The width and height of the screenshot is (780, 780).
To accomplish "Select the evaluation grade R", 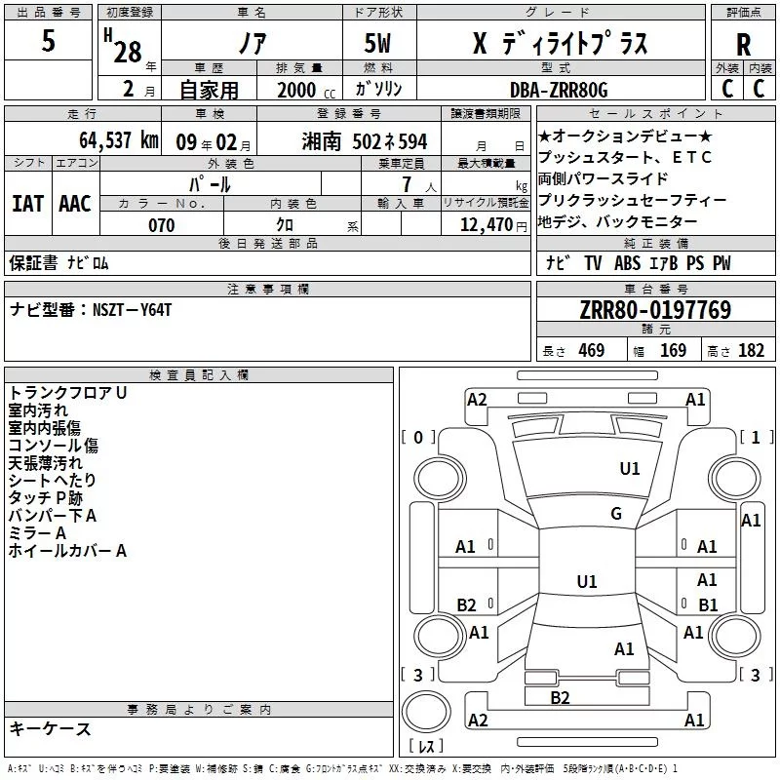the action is coord(743,44).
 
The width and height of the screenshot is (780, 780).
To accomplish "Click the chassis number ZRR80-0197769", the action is coord(655,311).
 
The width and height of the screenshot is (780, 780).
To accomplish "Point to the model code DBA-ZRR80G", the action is coord(558,90).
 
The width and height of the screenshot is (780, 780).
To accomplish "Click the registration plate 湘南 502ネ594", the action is coord(362,140).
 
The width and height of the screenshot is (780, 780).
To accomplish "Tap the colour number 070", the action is coord(161,225).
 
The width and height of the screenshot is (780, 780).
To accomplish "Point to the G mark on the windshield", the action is coord(616,514).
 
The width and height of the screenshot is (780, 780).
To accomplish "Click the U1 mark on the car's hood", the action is coord(630,468).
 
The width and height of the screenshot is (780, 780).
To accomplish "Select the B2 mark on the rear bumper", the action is coord(560,697).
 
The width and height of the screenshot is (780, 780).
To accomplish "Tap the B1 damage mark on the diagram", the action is coord(708,604).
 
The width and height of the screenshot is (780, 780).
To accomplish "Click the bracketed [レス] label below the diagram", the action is coord(427,747).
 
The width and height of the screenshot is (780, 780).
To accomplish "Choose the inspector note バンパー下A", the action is coord(52,515).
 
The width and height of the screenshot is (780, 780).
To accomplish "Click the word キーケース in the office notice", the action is coord(51,728).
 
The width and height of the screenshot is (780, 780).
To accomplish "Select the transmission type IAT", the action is coord(27,203).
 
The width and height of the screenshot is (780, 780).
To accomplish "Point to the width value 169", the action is coord(674,351).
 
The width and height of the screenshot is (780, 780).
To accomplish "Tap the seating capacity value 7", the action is coord(404,184).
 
